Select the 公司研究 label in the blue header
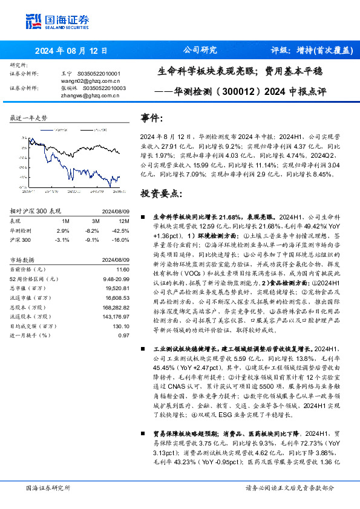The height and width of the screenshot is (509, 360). click(199, 51)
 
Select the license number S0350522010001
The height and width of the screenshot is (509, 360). click(102, 73)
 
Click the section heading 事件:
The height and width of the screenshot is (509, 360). click(151, 118)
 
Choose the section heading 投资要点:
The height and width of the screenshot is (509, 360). click(160, 193)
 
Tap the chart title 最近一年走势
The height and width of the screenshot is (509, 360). click(28, 118)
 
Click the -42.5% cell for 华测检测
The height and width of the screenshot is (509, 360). click(122, 230)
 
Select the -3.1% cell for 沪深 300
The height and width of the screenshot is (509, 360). click(62, 239)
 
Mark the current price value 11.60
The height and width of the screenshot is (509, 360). click(123, 268)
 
